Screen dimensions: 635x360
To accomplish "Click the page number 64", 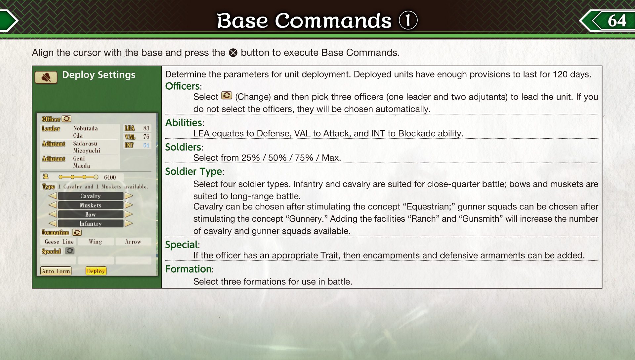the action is point(617,21).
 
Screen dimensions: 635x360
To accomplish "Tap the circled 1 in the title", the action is point(408,20).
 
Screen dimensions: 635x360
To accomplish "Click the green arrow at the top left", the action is point(9,21).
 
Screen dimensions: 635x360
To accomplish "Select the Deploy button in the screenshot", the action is point(96,271).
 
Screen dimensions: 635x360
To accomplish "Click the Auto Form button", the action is point(56,271).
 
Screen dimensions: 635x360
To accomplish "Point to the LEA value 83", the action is point(146,128).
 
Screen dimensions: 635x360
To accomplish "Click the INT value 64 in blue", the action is point(146,145).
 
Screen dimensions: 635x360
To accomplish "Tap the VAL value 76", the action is point(146,137).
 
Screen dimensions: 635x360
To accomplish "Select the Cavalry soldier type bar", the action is point(91,196).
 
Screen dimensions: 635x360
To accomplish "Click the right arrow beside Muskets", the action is point(129,205).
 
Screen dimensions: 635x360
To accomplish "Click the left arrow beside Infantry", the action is point(53,223).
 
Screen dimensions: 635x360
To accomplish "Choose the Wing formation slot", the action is point(96,242).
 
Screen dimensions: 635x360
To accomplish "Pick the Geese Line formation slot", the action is point(59,242).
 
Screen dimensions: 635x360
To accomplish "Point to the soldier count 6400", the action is point(110,177).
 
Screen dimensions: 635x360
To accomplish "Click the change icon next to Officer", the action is point(66,118).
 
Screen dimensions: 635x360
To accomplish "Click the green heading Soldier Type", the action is point(193,171).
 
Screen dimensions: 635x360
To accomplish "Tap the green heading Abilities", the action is point(184,122).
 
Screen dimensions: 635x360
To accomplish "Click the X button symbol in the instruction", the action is point(233,53).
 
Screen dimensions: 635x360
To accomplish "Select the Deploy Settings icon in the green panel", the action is point(46,77).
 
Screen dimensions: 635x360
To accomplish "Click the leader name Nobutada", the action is point(85,128).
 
